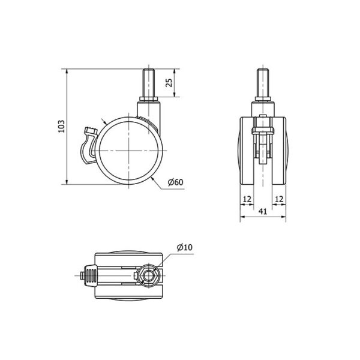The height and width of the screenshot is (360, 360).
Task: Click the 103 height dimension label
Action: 61,126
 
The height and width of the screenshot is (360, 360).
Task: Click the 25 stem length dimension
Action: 169,83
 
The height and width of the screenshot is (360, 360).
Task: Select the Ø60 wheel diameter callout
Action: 176,182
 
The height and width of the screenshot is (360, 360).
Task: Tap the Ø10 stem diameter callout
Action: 185,247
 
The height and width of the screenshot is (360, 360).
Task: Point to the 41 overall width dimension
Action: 263,211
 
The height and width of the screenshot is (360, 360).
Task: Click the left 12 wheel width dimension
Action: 247,199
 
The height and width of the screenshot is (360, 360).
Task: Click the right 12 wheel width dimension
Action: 279,199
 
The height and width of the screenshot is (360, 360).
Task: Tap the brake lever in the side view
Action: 88,145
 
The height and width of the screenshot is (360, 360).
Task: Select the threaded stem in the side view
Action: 148,83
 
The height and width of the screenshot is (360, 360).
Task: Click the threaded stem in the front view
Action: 263,83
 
